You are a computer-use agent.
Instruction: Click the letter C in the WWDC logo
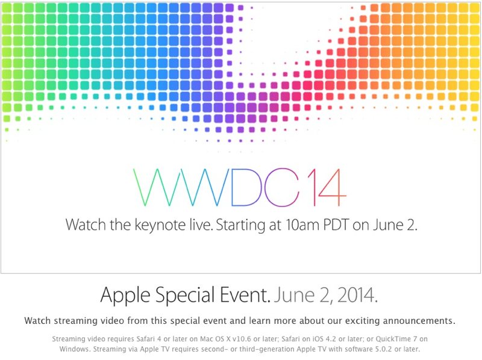282,187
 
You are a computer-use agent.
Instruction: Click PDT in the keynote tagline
336,225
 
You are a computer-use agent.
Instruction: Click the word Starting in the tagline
240,226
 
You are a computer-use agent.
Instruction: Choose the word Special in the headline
185,296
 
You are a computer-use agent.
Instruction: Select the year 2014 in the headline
357,295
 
